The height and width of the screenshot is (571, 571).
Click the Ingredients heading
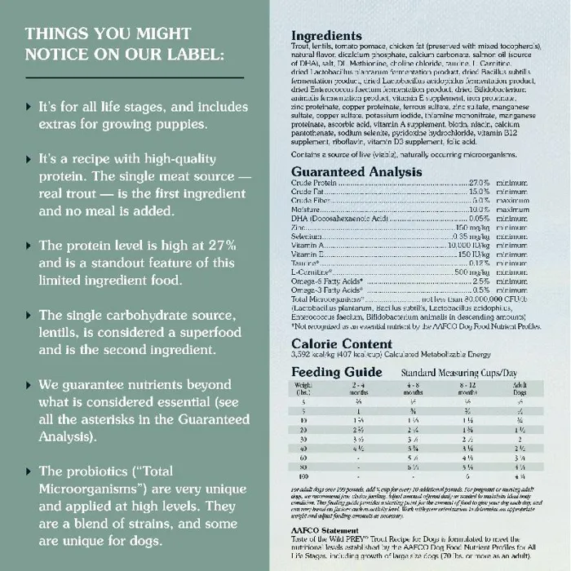click(327, 37)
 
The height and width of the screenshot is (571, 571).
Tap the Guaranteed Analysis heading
click(356, 172)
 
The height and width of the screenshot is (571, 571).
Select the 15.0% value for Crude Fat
click(479, 193)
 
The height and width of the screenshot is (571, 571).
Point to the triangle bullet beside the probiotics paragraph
click(31, 471)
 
